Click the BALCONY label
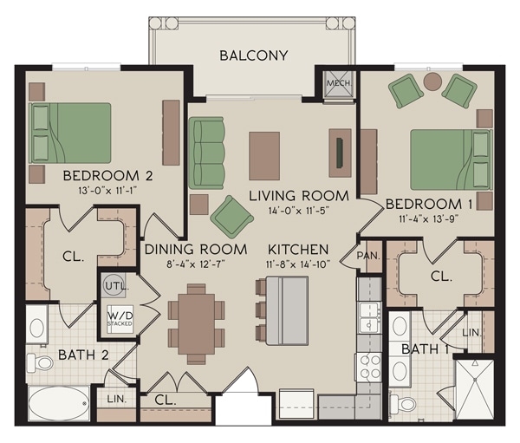pyautogui.click(x=253, y=56)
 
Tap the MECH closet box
pyautogui.click(x=335, y=83)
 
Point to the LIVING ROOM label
pyautogui.click(x=298, y=195)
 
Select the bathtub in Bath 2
pyautogui.click(x=57, y=405)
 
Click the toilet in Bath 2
pyautogui.click(x=40, y=362)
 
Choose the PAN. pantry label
pyautogui.click(x=367, y=256)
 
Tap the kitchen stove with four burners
pyautogui.click(x=368, y=365)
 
